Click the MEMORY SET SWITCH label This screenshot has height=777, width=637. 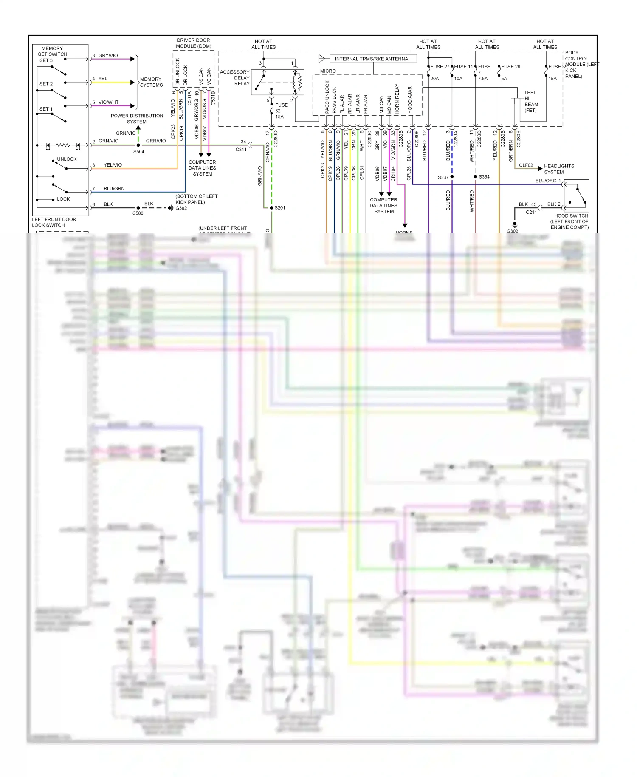(x=52, y=51)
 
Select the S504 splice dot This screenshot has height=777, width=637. (x=138, y=145)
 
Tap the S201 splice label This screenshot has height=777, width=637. (x=280, y=208)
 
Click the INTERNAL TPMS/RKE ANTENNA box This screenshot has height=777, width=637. (x=371, y=59)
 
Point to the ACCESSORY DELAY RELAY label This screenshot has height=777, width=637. (x=235, y=78)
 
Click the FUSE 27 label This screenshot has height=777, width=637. (x=440, y=67)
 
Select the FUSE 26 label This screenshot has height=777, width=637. (x=510, y=67)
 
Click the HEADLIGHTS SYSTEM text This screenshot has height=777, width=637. (x=558, y=169)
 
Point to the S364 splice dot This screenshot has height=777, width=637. (x=476, y=176)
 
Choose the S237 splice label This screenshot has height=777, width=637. (x=443, y=177)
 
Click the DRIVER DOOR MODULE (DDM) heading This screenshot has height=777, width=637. (x=193, y=43)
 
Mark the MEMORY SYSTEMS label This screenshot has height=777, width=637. (x=151, y=82)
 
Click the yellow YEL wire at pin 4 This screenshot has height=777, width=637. (x=113, y=82)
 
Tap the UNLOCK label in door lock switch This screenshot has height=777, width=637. (x=67, y=159)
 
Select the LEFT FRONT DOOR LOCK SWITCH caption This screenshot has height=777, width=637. (x=54, y=222)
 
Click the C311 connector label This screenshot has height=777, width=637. (x=241, y=150)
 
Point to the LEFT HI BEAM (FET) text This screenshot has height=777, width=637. (x=531, y=101)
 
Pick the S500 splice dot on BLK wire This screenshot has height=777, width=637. (x=138, y=208)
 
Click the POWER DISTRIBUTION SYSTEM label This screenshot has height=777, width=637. (x=137, y=119)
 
